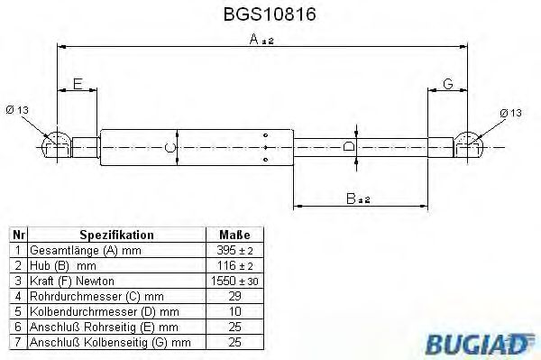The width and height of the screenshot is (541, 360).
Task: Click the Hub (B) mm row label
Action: [x=64, y=264]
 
